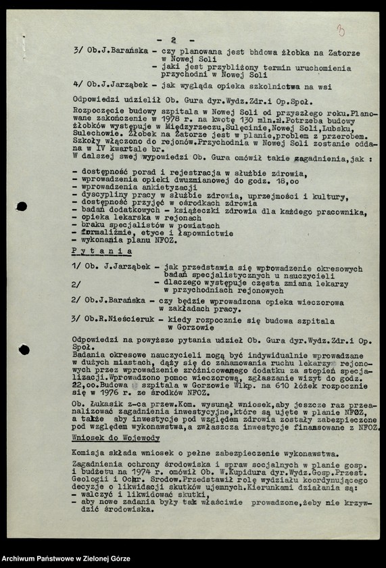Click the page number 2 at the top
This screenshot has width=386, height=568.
tap(174, 41)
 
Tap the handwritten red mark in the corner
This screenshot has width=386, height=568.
tap(340, 30)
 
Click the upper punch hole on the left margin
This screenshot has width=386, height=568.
tap(22, 206)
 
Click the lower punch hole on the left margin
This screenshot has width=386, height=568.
tap(24, 350)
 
